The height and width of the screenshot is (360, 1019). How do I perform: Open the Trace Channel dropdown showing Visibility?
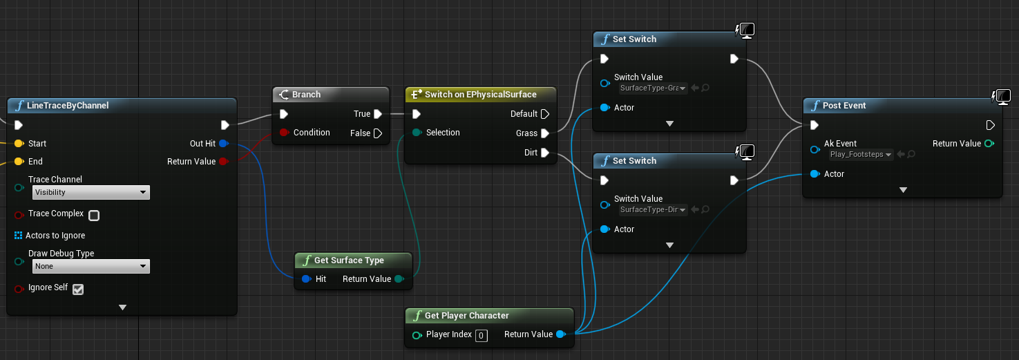tap(91, 192)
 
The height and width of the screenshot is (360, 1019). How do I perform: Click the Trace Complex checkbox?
tap(94, 216)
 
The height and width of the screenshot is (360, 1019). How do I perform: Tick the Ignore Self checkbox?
tap(78, 289)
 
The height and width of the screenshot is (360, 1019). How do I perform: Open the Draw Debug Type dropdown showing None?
tap(91, 266)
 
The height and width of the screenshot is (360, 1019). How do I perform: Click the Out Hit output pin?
tap(223, 143)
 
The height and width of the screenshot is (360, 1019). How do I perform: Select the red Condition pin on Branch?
tap(285, 133)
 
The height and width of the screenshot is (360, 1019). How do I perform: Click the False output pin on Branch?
tap(378, 133)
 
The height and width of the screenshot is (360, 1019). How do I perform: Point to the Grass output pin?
tap(545, 133)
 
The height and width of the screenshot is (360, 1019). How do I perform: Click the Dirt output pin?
tap(545, 153)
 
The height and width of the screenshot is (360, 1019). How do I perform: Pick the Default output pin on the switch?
tap(545, 114)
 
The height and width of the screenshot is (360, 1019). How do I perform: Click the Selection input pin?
tap(417, 133)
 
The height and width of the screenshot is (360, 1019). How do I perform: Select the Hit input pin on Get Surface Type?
tap(306, 278)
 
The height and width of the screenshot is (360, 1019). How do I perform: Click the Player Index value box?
tap(482, 335)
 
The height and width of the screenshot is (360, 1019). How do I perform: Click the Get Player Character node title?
tap(467, 315)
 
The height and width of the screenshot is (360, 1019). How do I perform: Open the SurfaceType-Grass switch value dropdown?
tap(653, 88)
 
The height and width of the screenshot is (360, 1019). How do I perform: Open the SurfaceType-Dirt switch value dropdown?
tap(653, 209)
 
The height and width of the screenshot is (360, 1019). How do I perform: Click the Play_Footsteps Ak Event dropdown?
tap(861, 154)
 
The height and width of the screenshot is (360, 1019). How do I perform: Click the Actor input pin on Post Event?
tap(815, 174)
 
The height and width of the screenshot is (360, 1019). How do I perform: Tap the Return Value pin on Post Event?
tap(989, 143)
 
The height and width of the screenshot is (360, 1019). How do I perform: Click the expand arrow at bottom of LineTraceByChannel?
tap(122, 307)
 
